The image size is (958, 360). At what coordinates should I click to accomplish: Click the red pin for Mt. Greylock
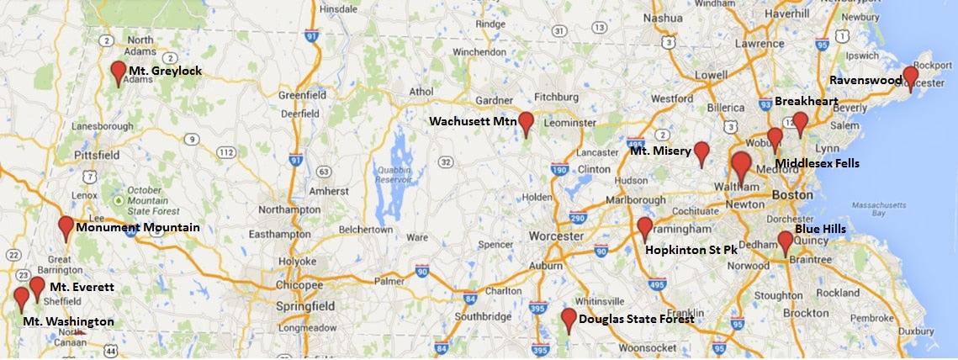[x=119, y=71]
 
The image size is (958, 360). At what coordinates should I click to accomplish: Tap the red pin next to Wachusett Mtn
[x=527, y=123]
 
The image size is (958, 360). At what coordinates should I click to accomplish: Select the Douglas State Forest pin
[x=569, y=319]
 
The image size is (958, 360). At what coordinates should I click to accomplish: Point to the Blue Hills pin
[x=785, y=241]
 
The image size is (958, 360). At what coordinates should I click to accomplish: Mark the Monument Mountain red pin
[x=66, y=226]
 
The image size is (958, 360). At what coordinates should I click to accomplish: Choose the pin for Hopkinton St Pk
[x=645, y=227]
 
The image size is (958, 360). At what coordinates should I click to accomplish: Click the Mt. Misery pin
[x=701, y=152]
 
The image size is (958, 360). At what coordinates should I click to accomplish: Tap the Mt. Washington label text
[x=68, y=322]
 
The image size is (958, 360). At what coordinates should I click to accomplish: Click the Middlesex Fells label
[x=817, y=163]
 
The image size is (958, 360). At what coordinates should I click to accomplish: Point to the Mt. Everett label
[x=81, y=288]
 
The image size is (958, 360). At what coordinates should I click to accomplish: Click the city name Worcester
[x=555, y=236]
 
